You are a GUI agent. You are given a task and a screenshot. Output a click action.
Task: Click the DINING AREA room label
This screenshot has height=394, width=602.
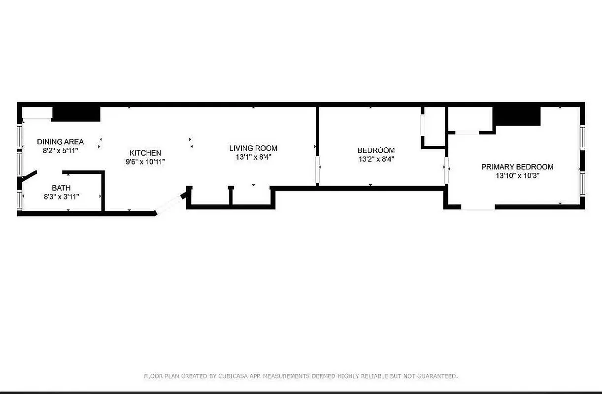point(60,142)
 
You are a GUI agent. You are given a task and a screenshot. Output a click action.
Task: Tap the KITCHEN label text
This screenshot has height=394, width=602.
point(145,153)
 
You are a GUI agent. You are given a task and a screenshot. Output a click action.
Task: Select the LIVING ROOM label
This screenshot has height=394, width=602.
point(253,148)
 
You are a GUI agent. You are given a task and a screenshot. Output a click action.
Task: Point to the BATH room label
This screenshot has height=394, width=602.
point(61,188)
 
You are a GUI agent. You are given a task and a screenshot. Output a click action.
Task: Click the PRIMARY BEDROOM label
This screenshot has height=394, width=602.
point(517,167)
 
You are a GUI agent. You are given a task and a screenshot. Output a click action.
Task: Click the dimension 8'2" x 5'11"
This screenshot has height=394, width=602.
point(60,150)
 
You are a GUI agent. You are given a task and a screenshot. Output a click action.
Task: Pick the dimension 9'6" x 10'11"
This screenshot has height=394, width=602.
point(145,162)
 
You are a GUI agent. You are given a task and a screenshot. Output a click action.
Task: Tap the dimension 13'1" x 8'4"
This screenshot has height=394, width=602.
point(253,157)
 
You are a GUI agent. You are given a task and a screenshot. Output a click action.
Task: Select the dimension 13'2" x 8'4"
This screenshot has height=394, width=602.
point(376,159)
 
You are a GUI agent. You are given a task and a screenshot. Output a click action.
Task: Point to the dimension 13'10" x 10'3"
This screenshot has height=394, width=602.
point(517,175)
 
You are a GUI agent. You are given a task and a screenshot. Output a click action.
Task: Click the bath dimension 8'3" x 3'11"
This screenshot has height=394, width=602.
point(61,196)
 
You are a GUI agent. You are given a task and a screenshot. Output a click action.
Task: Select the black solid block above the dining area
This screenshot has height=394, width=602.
point(76,114)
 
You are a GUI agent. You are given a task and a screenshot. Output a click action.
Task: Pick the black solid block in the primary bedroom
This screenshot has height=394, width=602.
point(517,116)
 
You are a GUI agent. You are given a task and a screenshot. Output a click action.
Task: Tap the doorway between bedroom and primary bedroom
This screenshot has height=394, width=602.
point(446,170)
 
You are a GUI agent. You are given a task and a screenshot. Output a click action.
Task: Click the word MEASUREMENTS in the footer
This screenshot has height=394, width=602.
point(287,376)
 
